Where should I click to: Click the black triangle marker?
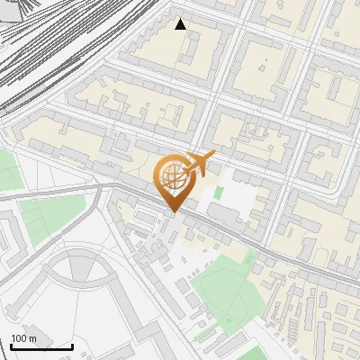point(181,24)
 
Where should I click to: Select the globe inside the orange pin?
point(172,176)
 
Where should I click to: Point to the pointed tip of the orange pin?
point(172,212)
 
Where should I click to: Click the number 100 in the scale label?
point(19,338)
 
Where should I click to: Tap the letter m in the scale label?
point(32,338)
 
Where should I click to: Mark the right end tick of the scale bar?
point(73,346)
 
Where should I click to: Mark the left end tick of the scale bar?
point(10,346)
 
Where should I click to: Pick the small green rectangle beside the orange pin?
point(217,192)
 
